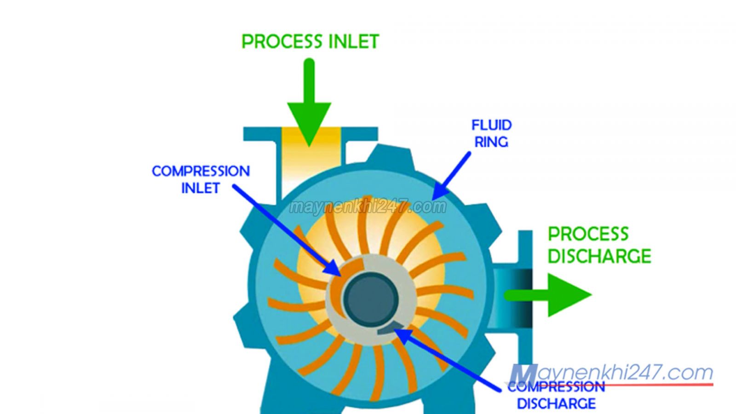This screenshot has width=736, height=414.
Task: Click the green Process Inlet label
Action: coord(310,41)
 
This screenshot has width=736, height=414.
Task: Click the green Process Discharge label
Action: coord(599,245)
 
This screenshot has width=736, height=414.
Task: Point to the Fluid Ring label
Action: coord(491,133)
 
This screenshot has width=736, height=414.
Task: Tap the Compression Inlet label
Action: coord(201,179)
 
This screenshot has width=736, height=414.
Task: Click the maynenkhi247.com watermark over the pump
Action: coord(368,207)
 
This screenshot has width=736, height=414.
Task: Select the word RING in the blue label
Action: coord(491,142)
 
